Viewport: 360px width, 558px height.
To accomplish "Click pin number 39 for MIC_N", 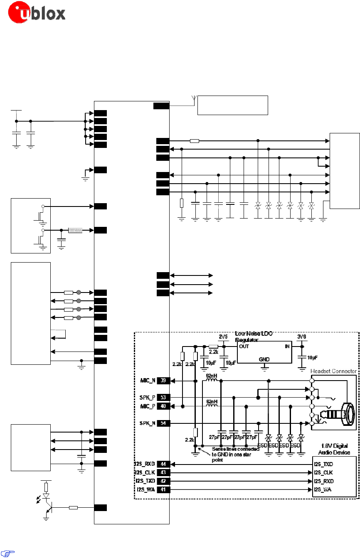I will coord(163,381).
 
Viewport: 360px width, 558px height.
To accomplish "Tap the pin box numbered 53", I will coord(163,397).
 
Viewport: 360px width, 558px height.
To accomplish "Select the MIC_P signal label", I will coord(148,406).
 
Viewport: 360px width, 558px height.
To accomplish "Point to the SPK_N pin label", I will coord(148,423).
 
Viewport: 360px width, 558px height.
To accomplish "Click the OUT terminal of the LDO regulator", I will coord(244,346).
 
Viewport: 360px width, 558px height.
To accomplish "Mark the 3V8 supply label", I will coord(302,337).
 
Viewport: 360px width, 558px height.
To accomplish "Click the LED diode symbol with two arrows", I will coord(46,496).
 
